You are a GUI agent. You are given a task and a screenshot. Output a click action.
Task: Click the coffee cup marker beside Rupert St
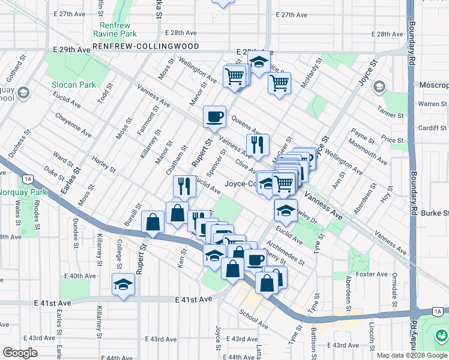[x=214, y=116]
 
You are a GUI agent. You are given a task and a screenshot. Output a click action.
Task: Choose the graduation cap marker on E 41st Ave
[x=123, y=284]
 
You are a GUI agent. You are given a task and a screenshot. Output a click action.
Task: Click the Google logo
[x=20, y=353]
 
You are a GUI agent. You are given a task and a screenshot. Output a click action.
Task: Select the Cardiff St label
[x=433, y=128]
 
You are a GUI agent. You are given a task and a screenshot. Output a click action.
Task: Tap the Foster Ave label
[x=373, y=274]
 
